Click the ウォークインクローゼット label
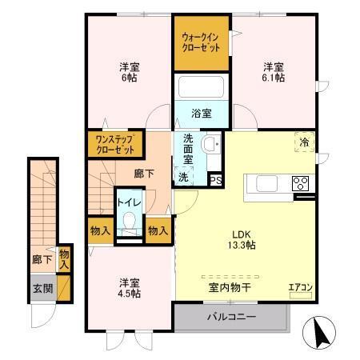(x=202, y=42)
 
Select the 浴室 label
(x=202, y=114)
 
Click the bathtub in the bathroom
(x=202, y=88)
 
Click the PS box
(x=214, y=180)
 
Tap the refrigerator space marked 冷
(x=304, y=142)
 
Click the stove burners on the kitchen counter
(x=301, y=183)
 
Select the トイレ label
(x=129, y=202)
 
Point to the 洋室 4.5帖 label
(x=130, y=288)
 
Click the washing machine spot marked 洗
(x=183, y=177)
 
